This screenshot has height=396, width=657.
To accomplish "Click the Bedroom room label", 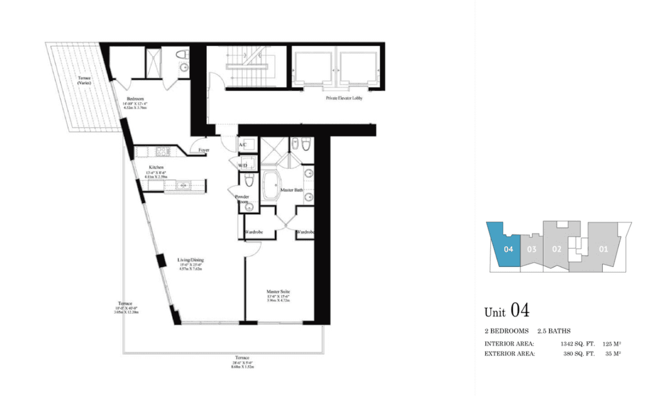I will point(134,99).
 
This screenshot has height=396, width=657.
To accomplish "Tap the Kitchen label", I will point(157,167).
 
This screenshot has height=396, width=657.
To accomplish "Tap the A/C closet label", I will point(242,145).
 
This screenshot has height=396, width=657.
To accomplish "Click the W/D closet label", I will point(242,165).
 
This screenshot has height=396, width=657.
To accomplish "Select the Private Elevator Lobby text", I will point(344,97).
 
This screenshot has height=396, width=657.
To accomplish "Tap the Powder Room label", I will point(243,200).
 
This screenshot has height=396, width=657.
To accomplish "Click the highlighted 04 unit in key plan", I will point(508,248).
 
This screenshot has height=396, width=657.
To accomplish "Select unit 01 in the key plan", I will point(603,248).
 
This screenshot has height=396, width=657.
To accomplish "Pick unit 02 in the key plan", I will point(556,248).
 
